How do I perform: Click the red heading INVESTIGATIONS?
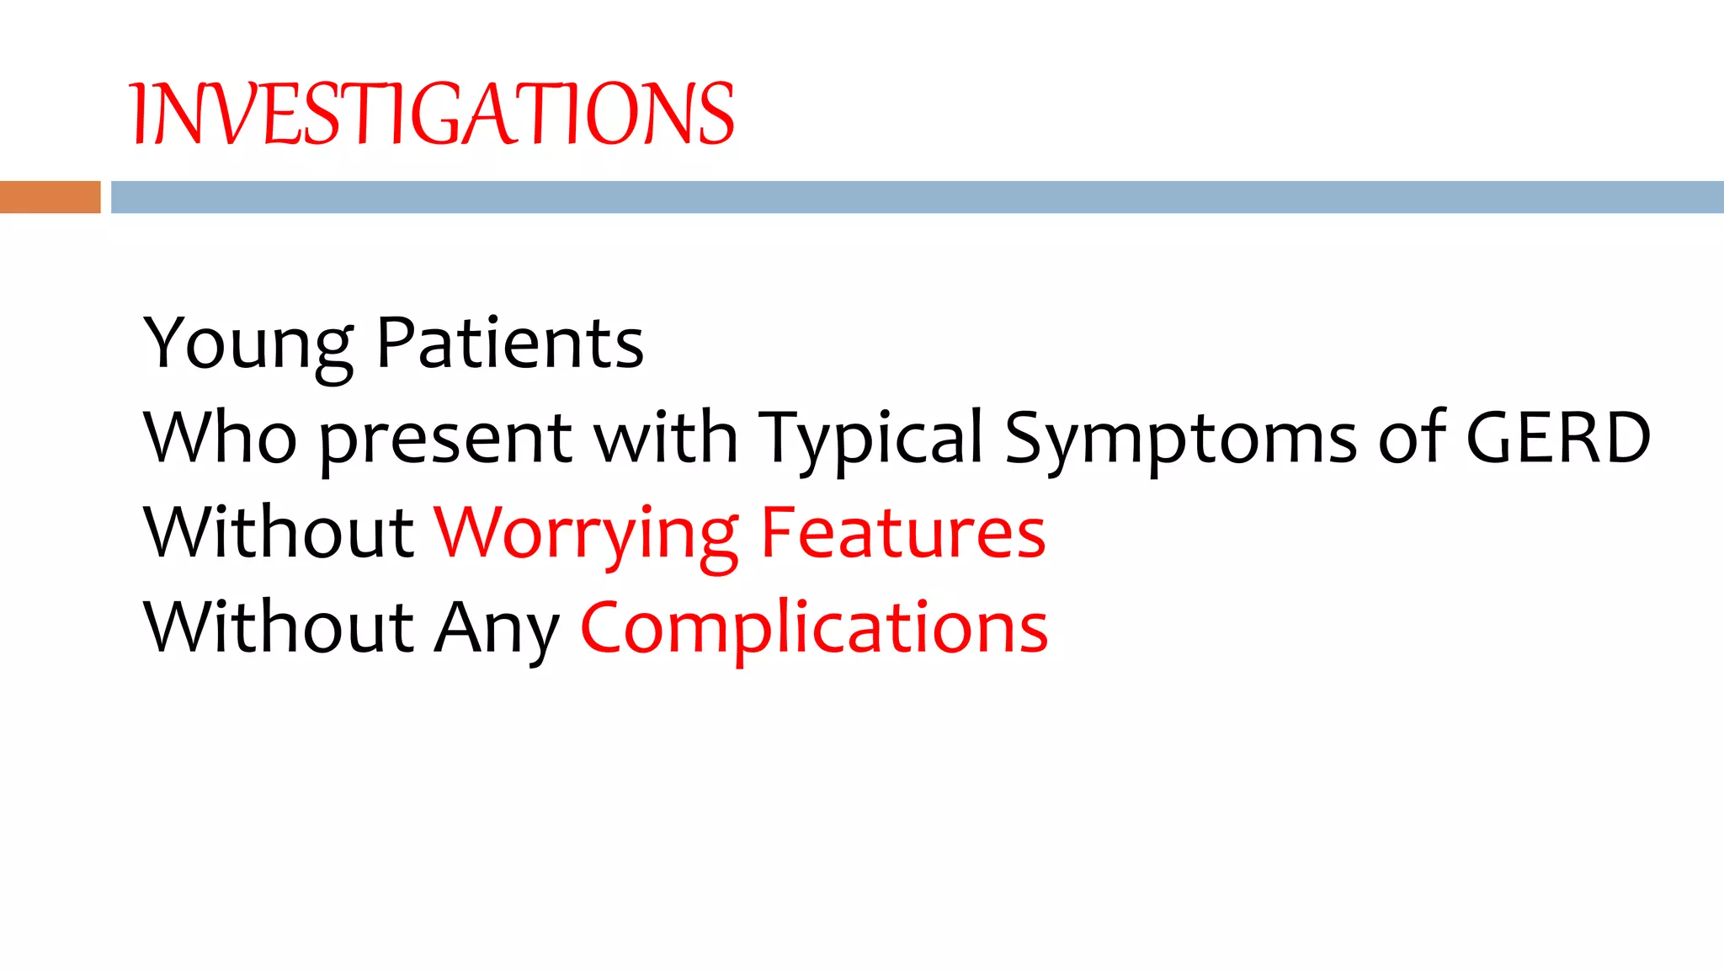click(432, 114)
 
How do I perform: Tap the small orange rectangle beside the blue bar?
click(50, 197)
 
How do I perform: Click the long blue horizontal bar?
click(916, 197)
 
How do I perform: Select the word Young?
click(249, 344)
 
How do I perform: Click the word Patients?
click(510, 344)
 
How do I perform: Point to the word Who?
click(220, 438)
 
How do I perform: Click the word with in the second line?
click(666, 438)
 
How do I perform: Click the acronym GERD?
click(1557, 438)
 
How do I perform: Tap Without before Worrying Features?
click(279, 532)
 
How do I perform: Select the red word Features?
click(902, 532)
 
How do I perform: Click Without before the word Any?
click(279, 627)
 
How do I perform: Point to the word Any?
click(496, 629)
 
